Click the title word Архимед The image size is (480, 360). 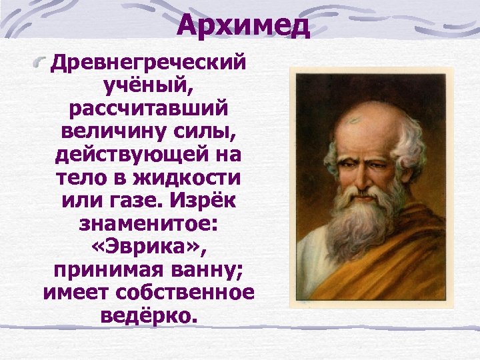pyautogui.click(x=244, y=26)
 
